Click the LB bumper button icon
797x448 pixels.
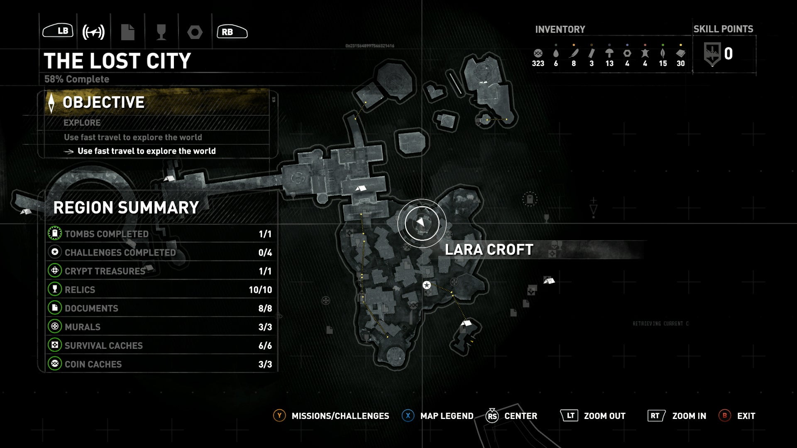(x=58, y=31)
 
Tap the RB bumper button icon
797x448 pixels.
(x=232, y=32)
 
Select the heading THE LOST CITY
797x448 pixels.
(x=117, y=61)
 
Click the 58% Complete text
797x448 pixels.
(x=77, y=79)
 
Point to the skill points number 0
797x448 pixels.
(x=728, y=54)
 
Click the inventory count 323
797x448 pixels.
(x=538, y=63)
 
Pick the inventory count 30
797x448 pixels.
(x=681, y=63)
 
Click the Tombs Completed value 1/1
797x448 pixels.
(x=265, y=234)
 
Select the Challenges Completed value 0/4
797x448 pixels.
(x=265, y=253)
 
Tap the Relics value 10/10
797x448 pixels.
(x=260, y=290)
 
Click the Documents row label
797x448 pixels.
(x=91, y=308)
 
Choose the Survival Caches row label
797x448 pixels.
(x=103, y=346)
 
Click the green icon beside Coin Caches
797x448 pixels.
(x=54, y=364)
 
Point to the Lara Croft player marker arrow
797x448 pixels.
(x=421, y=223)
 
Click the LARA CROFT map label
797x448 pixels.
(x=489, y=250)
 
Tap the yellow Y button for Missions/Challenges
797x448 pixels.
(x=279, y=416)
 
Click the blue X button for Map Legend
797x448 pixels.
(x=408, y=416)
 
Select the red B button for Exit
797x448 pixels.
(x=725, y=416)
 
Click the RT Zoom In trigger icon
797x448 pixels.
(x=655, y=416)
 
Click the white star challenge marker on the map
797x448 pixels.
(x=426, y=285)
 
